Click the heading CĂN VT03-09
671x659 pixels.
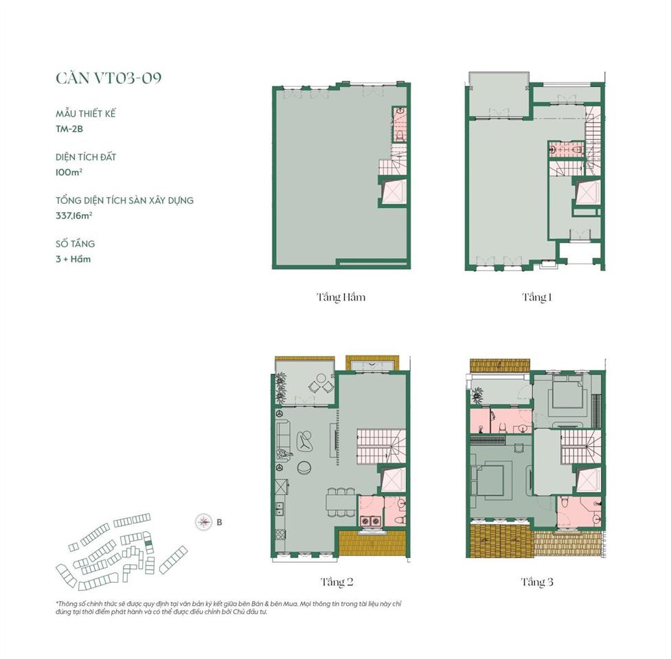[x=109, y=78]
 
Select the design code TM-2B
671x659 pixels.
[x=69, y=129]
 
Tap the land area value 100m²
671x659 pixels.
[x=69, y=172]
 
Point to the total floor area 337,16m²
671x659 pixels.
[x=74, y=216]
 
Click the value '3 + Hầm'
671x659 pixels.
[x=73, y=259]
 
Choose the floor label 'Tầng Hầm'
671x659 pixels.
[x=341, y=298]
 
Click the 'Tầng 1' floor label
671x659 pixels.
[x=536, y=297]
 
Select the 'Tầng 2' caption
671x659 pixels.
[x=337, y=582]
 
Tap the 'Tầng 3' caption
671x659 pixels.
[x=536, y=582]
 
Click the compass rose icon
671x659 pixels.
[x=203, y=522]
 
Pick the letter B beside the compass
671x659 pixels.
[x=219, y=522]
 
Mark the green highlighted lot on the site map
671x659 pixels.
[x=148, y=543]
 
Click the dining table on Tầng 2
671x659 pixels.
[x=341, y=502]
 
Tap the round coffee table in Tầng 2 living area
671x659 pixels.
[x=305, y=468]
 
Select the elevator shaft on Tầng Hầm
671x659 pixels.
[x=394, y=191]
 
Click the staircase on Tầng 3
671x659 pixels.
[x=581, y=447]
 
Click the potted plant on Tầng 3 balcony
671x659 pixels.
[x=476, y=395]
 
